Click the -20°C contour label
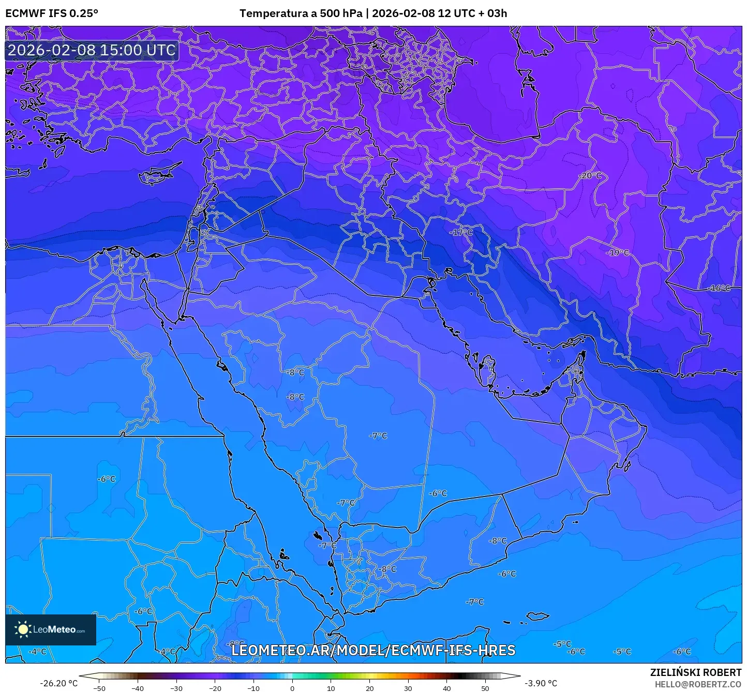pyautogui.click(x=590, y=176)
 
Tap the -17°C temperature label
pyautogui.click(x=461, y=233)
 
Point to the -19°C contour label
pyautogui.click(x=618, y=253)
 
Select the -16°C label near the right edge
pyautogui.click(x=719, y=288)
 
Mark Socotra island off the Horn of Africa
pyautogui.click(x=538, y=616)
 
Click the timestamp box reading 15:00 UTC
pyautogui.click(x=92, y=50)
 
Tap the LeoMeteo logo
pyautogui.click(x=51, y=629)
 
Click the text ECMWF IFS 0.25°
pyautogui.click(x=52, y=13)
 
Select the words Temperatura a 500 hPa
pyautogui.click(x=301, y=13)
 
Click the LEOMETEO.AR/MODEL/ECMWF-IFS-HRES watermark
pyautogui.click(x=373, y=650)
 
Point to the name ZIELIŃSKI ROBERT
pyautogui.click(x=696, y=672)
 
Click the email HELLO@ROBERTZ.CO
pyautogui.click(x=698, y=684)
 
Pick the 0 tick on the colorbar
pyautogui.click(x=292, y=688)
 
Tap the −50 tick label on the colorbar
pyautogui.click(x=99, y=688)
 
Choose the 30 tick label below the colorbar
pyautogui.click(x=408, y=688)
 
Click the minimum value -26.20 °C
pyautogui.click(x=58, y=683)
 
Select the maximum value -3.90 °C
pyautogui.click(x=541, y=683)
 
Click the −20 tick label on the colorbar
pyautogui.click(x=215, y=688)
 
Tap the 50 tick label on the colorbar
pyautogui.click(x=485, y=688)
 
